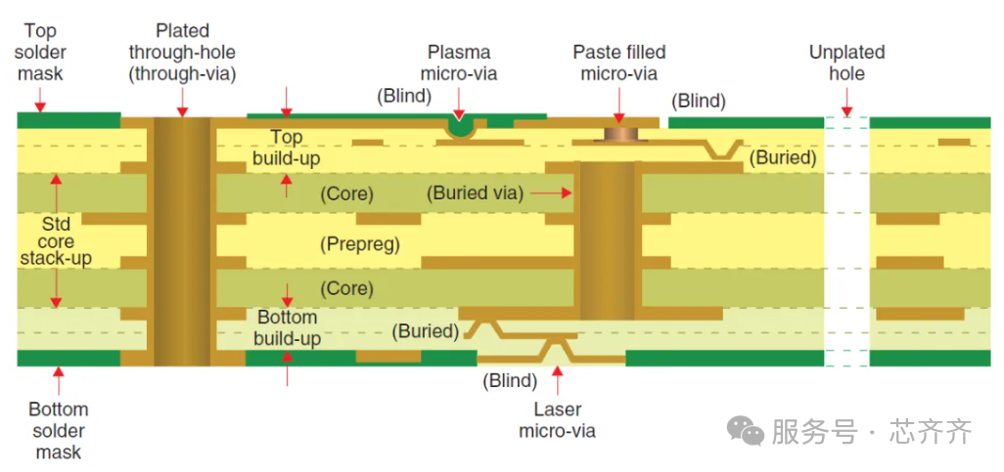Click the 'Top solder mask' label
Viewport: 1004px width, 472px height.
coord(40,53)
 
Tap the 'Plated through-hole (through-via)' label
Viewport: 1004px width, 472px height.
coord(182,53)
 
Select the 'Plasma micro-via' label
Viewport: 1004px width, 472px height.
coord(459,63)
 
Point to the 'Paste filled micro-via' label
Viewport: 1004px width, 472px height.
coord(619,63)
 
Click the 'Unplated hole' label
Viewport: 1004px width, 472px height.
coord(846,63)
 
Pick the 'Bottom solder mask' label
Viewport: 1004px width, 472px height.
coord(58,430)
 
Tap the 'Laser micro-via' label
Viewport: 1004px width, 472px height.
coord(557,419)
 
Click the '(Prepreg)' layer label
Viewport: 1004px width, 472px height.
coord(360,244)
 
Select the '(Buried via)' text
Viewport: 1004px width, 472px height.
coord(475,193)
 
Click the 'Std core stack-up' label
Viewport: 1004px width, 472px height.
coord(56,240)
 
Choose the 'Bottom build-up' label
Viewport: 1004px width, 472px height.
coord(287,327)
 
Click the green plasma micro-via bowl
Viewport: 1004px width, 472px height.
coord(459,125)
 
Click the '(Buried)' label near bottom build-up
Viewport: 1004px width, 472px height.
coord(426,331)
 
